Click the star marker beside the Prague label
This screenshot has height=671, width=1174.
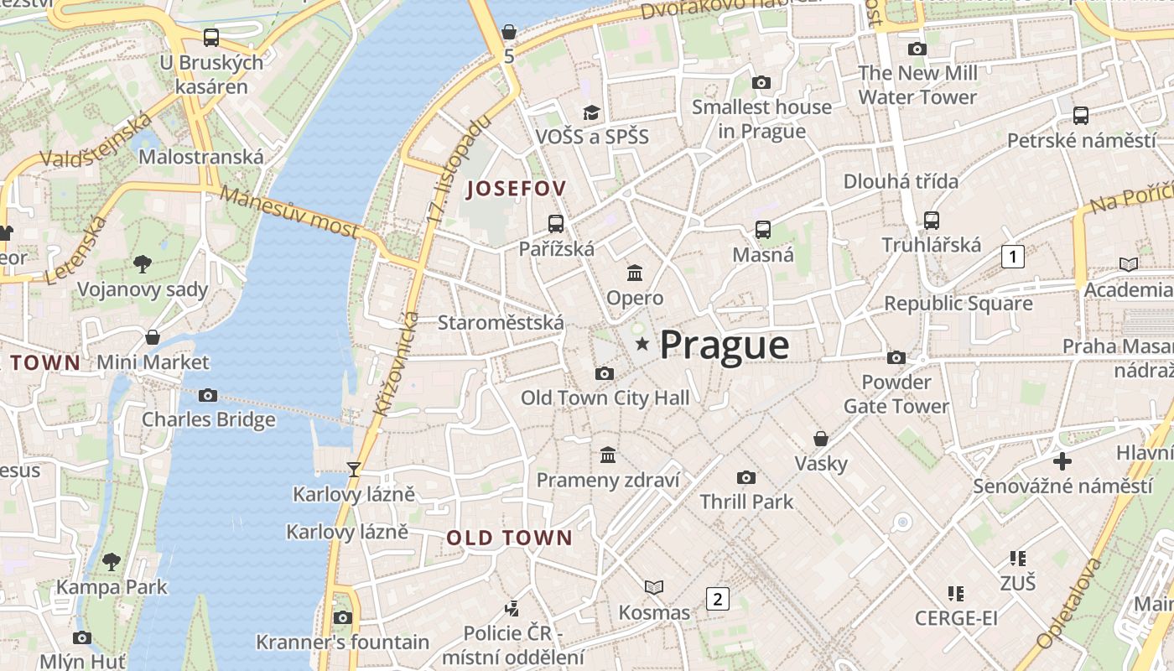[x=642, y=344]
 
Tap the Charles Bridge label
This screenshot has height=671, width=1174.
[x=208, y=419]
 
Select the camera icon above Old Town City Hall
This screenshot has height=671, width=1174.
[x=604, y=373]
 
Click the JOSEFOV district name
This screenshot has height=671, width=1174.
[x=517, y=188]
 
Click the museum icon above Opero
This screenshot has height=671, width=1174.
[x=635, y=273]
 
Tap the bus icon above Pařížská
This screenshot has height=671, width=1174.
[x=555, y=223]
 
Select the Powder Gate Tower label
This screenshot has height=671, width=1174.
[x=896, y=394]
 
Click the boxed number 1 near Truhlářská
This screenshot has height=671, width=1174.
[x=1013, y=257]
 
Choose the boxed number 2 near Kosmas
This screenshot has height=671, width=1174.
[x=717, y=599]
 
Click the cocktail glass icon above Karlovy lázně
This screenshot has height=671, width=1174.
[x=354, y=469]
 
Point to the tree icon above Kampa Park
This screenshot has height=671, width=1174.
[x=112, y=561]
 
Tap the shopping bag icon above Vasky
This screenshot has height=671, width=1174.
[x=821, y=439]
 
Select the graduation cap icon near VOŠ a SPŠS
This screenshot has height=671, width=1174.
[x=592, y=112]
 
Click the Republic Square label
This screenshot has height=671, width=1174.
[x=958, y=304]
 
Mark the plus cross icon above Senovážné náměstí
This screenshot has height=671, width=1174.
[x=1062, y=461]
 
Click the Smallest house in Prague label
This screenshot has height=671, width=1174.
[x=761, y=119]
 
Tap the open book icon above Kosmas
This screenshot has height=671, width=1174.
[x=654, y=587]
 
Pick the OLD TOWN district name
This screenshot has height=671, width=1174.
[x=509, y=538]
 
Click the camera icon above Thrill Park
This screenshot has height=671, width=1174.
[x=745, y=477]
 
